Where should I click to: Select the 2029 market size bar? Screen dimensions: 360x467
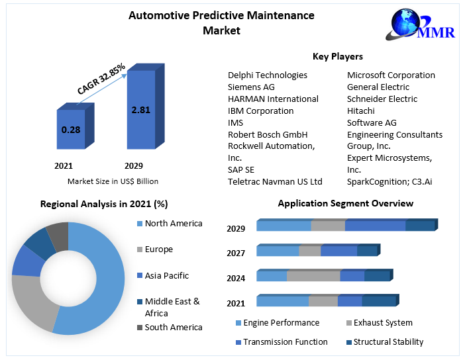pos(140,110)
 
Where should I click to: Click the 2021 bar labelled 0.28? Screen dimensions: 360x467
pos(71,130)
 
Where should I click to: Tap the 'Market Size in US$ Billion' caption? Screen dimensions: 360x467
pos(113,181)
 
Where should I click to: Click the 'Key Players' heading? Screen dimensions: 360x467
pos(337,56)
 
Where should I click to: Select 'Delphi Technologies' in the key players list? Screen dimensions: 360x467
pos(268,75)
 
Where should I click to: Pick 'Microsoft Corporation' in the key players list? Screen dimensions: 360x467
pos(391,75)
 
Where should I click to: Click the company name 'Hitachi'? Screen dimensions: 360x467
pos(360,111)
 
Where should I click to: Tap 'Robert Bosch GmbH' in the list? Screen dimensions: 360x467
pos(268,134)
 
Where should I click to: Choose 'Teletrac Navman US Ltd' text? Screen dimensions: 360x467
pos(275,181)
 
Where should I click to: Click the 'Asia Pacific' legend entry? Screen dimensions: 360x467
pos(166,275)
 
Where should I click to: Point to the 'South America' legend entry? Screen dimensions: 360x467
pos(173,327)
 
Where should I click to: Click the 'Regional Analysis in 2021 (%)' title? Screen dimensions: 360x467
pos(104,203)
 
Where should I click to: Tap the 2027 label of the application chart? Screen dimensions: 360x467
pos(236,253)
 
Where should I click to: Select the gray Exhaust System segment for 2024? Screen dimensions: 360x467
pos(313,276)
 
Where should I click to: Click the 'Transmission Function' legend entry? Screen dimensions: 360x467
pos(285,341)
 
